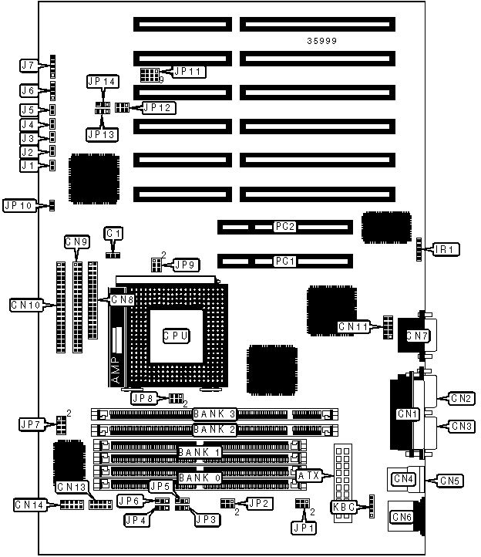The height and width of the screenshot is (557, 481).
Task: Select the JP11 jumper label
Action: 187,72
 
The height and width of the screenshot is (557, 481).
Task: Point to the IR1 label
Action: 446,249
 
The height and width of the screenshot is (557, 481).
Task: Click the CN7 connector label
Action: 417,336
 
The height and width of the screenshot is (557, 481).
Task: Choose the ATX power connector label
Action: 310,476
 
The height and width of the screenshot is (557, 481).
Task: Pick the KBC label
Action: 343,507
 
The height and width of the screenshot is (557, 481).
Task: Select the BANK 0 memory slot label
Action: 200,478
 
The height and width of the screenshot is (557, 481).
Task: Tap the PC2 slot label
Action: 285,227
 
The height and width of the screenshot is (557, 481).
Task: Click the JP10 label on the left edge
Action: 18,205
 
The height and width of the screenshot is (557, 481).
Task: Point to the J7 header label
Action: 29,65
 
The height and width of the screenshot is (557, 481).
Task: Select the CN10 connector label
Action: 25,304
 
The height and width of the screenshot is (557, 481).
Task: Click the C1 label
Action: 114,232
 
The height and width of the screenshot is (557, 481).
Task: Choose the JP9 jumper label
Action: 186,265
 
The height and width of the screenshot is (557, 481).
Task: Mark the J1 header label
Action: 29,165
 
